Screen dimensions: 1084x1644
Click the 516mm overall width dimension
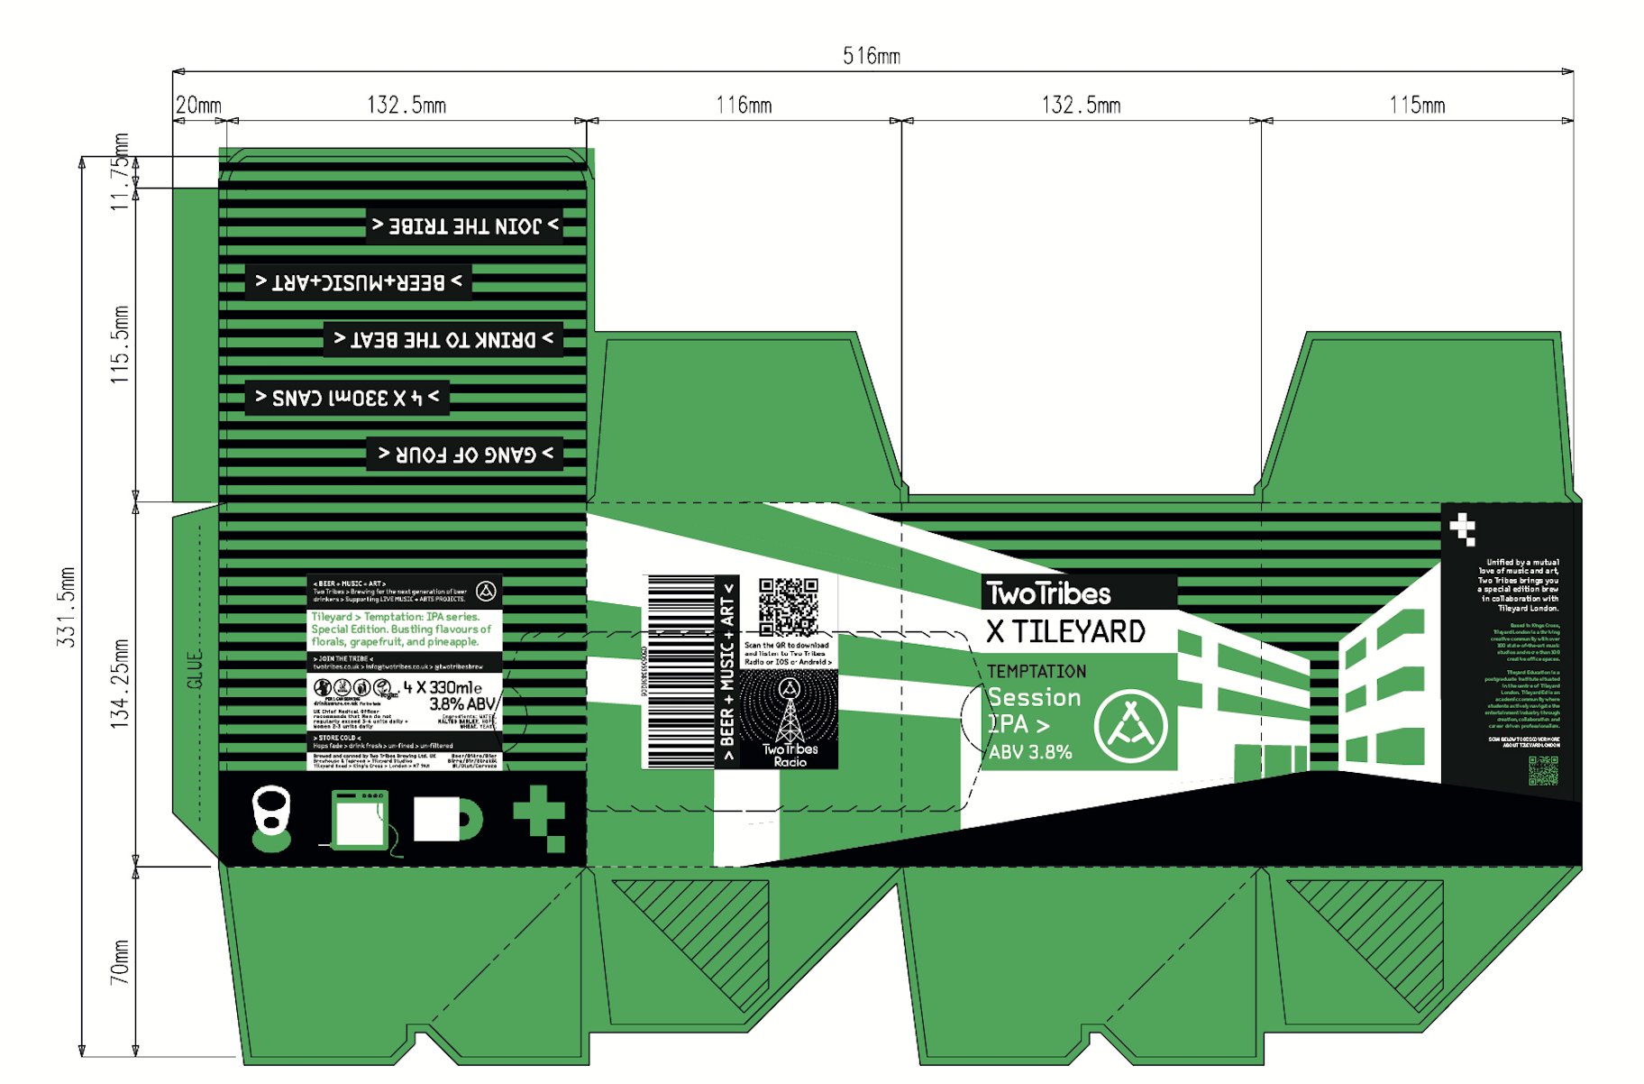(x=871, y=56)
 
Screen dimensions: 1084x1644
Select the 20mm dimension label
(x=198, y=106)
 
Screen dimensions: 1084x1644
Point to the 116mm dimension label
(x=744, y=106)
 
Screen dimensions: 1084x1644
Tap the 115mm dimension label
(x=1416, y=106)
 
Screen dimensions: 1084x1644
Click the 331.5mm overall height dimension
(x=67, y=606)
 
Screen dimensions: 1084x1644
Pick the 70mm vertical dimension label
(x=120, y=961)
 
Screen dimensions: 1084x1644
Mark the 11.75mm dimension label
(x=121, y=171)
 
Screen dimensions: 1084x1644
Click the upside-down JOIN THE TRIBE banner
(x=465, y=225)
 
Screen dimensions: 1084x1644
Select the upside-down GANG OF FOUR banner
(x=465, y=454)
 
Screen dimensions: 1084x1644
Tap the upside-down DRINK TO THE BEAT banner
(x=443, y=340)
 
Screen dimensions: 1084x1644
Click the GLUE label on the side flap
(x=195, y=669)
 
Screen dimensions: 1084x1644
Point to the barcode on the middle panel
(x=680, y=672)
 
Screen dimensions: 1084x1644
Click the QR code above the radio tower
(x=788, y=608)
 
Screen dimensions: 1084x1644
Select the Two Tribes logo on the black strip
(x=1049, y=593)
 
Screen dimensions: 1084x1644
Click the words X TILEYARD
(x=1065, y=631)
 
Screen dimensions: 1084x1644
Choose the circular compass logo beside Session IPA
(x=1130, y=726)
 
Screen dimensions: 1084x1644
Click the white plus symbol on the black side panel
(x=1462, y=528)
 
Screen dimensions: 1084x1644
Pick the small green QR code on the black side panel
(x=1543, y=770)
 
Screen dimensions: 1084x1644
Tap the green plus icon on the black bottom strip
(x=540, y=817)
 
